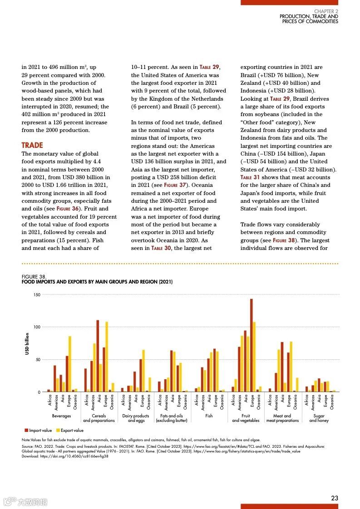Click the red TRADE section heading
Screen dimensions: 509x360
[x=32, y=145]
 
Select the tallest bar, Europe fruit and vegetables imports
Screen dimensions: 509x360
[x=251, y=345]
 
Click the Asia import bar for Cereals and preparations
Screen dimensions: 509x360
[x=98, y=356]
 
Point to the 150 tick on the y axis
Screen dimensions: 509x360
[x=37, y=295]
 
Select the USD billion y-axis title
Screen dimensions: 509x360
[x=27, y=344]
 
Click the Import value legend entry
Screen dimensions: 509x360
[x=39, y=431]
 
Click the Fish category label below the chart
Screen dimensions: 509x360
[x=209, y=416]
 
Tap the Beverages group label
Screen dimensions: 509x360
[x=61, y=416]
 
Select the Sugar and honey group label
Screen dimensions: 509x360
[x=319, y=418]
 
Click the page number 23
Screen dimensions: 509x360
[x=335, y=498]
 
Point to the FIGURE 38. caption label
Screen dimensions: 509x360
[x=34, y=277]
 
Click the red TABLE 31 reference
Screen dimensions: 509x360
[x=250, y=177]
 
